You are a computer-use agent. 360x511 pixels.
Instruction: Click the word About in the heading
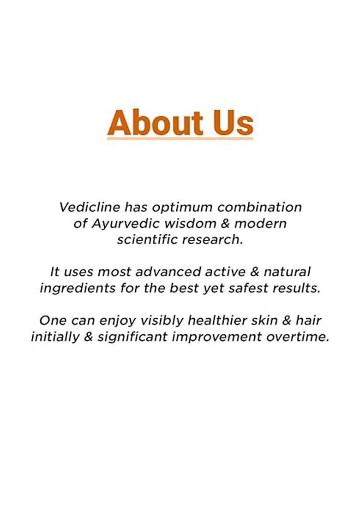155,122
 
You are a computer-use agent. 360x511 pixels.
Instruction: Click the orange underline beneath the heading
180,137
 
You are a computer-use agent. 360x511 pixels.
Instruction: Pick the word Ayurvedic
120,224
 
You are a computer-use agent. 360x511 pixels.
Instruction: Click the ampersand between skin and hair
291,320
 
